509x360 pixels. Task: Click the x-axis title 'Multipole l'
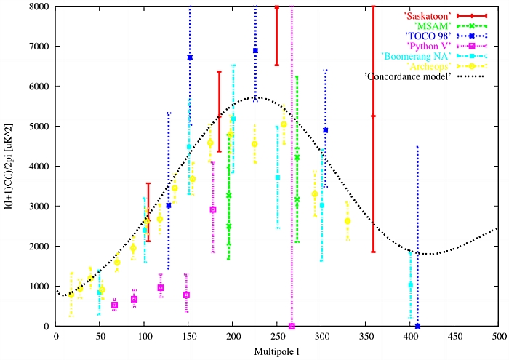(x=278, y=351)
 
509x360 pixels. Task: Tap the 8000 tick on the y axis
(x=39, y=7)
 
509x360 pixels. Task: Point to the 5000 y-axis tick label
(x=39, y=127)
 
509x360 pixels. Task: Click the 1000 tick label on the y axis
(x=39, y=287)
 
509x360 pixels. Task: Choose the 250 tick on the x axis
(x=277, y=337)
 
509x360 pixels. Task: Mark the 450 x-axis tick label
(x=454, y=337)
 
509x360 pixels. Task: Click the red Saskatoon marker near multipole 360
(x=374, y=116)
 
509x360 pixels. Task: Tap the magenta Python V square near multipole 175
(x=212, y=209)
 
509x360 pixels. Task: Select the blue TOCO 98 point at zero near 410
(x=417, y=326)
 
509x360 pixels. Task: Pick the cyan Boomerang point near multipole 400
(x=410, y=285)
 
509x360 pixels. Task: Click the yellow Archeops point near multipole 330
(x=348, y=221)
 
